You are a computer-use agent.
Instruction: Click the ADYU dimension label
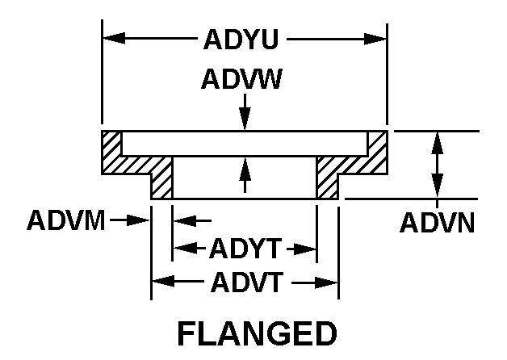[x=243, y=39]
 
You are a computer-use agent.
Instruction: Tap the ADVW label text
[x=243, y=80]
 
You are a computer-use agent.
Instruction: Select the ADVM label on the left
[x=65, y=220]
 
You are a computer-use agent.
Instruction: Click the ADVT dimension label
[x=243, y=282]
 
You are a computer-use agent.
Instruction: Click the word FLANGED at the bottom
[x=255, y=333]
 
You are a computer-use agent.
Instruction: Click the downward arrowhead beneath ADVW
[x=245, y=120]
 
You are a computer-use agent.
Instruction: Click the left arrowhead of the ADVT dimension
[x=161, y=282]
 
